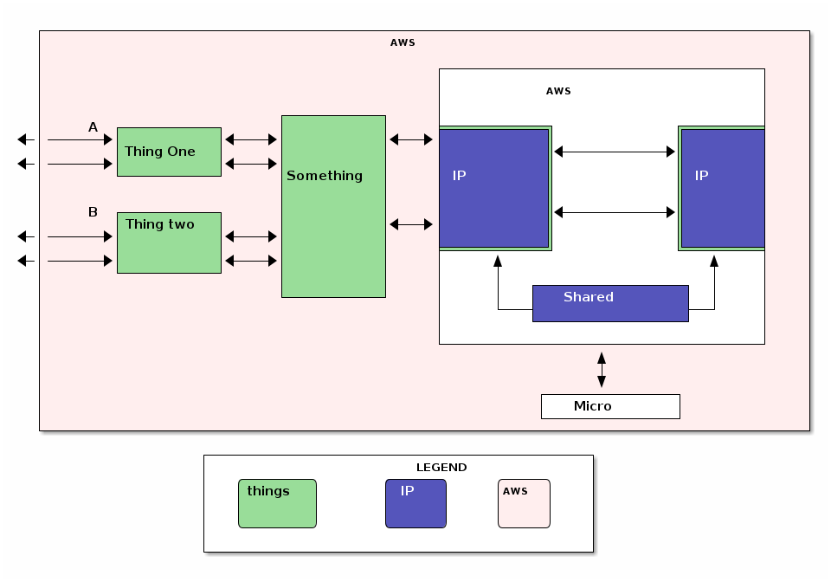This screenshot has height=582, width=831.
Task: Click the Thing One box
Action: tap(169, 152)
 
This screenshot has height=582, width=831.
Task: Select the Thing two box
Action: tap(169, 242)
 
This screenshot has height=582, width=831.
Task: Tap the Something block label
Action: tap(325, 176)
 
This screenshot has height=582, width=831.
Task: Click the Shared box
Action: tap(609, 303)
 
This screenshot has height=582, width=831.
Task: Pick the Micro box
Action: tap(609, 406)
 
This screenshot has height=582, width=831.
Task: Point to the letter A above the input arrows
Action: tap(93, 127)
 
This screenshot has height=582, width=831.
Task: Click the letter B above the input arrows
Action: tap(93, 212)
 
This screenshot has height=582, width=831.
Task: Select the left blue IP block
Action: tap(493, 188)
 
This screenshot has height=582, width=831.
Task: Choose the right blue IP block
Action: tap(722, 188)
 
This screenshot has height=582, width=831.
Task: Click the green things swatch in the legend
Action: tap(277, 503)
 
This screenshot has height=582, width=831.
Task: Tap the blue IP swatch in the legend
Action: tap(415, 503)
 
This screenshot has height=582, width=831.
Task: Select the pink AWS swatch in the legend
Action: tap(524, 503)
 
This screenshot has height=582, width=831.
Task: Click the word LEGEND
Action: tap(441, 468)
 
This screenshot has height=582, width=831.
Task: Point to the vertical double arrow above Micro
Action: tap(602, 369)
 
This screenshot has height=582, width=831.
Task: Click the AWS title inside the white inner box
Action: tap(558, 91)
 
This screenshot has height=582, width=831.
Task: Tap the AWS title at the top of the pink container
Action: tap(403, 42)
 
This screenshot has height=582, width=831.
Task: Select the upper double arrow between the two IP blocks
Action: tap(615, 152)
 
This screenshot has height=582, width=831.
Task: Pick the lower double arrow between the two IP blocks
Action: tap(615, 212)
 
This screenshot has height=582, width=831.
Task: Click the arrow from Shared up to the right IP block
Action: tap(714, 286)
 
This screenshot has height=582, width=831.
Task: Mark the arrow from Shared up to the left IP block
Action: tap(498, 286)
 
